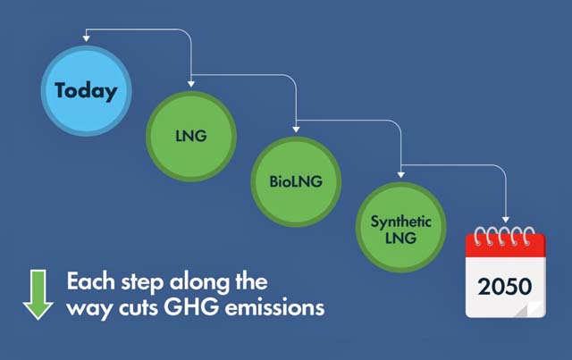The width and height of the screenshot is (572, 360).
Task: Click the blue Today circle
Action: (x=87, y=91)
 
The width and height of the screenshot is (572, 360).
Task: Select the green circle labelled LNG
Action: (x=192, y=135)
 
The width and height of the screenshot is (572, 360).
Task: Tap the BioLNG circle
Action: (x=296, y=181)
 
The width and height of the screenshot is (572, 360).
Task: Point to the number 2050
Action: (x=505, y=288)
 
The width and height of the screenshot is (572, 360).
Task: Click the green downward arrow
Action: (x=38, y=295)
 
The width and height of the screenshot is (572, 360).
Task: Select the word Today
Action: (x=87, y=91)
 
